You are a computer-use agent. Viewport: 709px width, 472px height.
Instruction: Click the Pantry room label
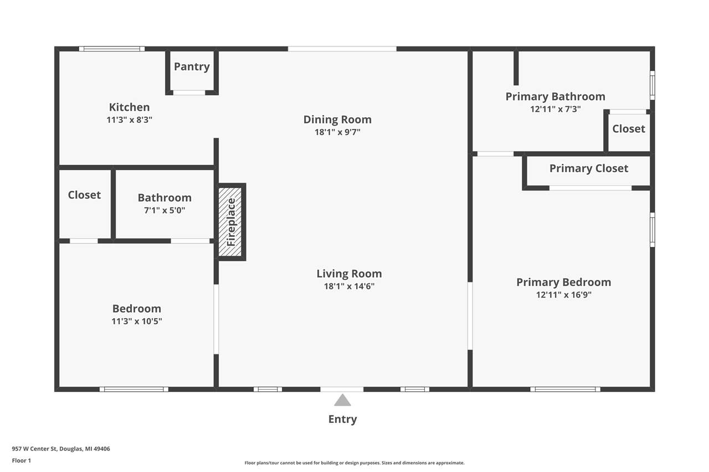click(x=192, y=67)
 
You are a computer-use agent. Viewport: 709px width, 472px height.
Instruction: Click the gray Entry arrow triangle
click(x=342, y=400)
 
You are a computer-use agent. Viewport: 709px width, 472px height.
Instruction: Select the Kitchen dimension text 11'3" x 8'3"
click(x=129, y=120)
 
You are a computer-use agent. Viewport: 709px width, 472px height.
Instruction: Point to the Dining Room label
click(x=337, y=120)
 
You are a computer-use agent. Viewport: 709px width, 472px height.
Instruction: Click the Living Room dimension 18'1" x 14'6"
click(x=349, y=286)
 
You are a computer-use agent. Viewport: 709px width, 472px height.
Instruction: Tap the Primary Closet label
click(x=589, y=169)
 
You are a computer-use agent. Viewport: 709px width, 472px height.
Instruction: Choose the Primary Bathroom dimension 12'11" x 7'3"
click(x=556, y=109)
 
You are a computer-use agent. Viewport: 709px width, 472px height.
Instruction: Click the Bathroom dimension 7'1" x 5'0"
click(x=165, y=210)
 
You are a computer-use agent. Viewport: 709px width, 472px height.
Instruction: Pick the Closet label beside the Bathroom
click(x=84, y=195)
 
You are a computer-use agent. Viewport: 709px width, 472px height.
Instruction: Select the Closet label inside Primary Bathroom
click(x=629, y=129)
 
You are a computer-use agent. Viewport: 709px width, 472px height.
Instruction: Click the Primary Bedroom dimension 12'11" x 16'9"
click(x=564, y=294)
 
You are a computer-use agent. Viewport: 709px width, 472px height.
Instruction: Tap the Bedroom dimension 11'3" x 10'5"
click(x=137, y=321)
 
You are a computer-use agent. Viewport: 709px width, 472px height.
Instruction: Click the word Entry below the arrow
click(x=342, y=419)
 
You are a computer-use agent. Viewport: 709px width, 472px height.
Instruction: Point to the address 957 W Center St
click(x=34, y=449)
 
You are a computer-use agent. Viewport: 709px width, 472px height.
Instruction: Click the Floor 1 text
click(x=22, y=460)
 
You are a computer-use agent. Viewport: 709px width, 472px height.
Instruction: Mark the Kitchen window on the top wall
click(x=112, y=49)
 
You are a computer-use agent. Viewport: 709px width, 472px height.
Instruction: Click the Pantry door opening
click(x=189, y=92)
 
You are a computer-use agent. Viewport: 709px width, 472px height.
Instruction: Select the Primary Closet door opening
click(x=590, y=188)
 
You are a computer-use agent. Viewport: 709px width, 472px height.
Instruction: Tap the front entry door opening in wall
click(x=342, y=389)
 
